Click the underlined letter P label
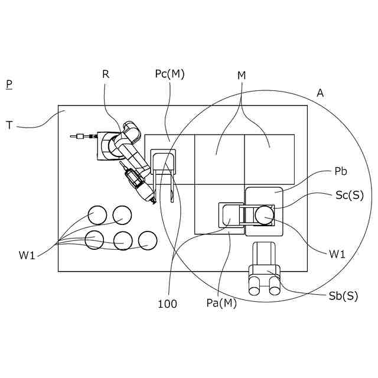coord(9,84)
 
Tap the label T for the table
coord(9,125)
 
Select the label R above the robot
coord(106,74)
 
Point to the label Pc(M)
coord(170,74)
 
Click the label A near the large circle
coord(320,93)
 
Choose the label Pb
coord(340,172)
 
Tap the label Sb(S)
coord(343,296)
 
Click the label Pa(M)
coord(221,303)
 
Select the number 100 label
coord(167,304)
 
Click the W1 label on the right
coord(337,255)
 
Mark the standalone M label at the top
coord(242,76)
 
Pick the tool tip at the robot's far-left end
coord(73,137)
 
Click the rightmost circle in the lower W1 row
coord(147,240)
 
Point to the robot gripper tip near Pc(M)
coord(153,201)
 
